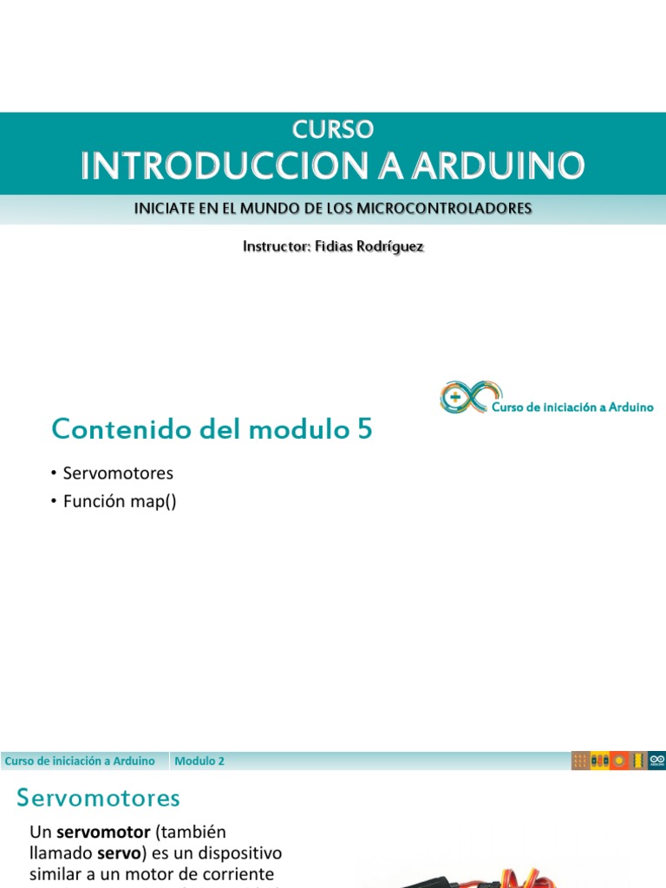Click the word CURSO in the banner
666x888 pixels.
point(333,129)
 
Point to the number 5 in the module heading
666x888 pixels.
point(364,428)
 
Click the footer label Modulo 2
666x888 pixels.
point(199,761)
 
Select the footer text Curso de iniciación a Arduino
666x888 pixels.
point(80,761)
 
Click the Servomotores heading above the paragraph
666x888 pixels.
point(98,798)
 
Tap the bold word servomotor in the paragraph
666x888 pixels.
point(103,832)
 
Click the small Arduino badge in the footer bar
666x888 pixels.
point(657,761)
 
